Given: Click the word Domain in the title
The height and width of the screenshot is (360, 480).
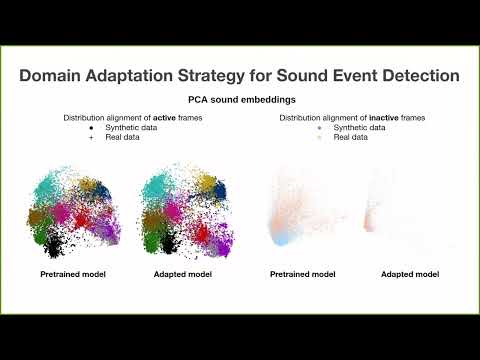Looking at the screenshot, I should tap(58, 75).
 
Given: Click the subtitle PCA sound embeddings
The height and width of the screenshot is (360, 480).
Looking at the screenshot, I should tap(239, 100).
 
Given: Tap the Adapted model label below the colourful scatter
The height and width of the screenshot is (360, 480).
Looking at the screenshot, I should tap(183, 274).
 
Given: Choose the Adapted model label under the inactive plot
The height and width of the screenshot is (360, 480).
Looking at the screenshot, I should tap(411, 274).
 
